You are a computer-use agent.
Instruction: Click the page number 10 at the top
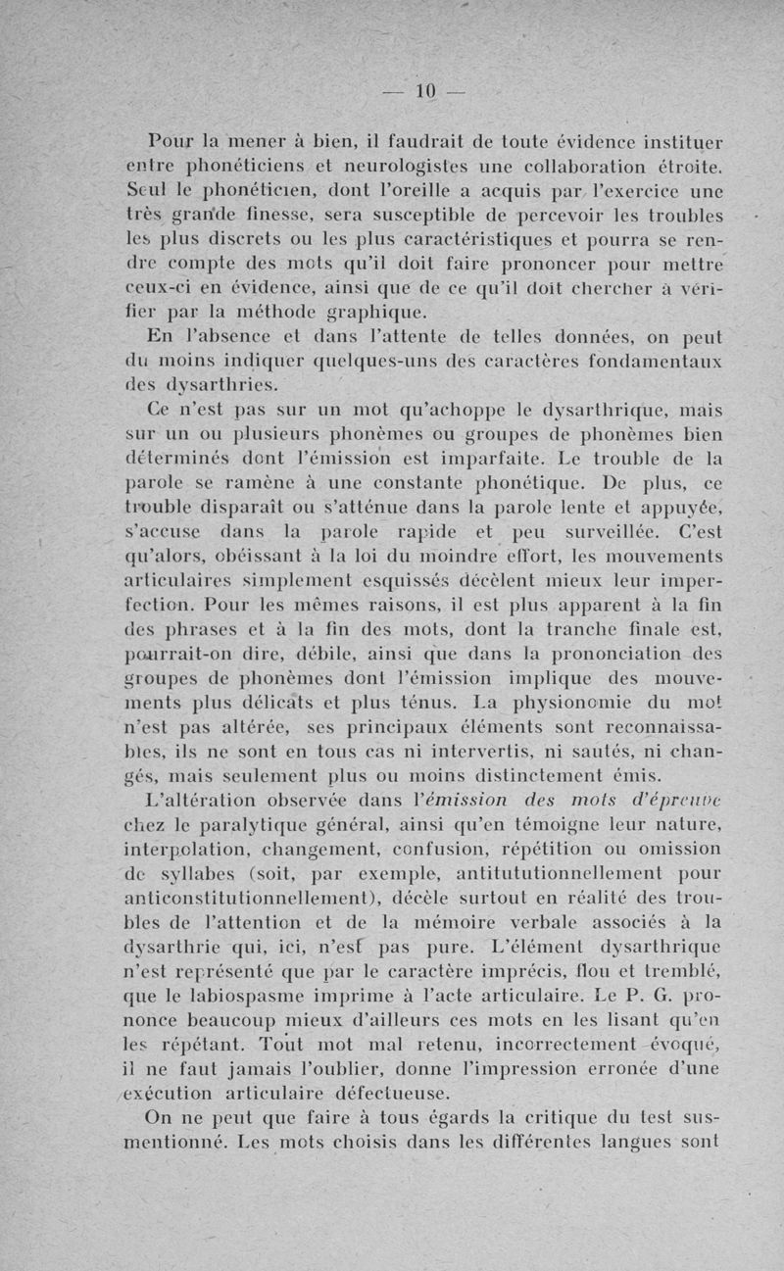coord(424,91)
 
